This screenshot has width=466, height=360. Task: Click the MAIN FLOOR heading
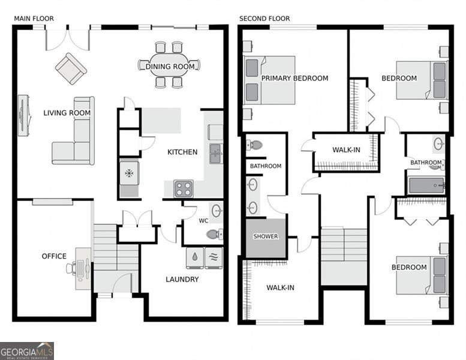click(x=34, y=19)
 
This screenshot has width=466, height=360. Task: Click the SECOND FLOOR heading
click(x=264, y=19)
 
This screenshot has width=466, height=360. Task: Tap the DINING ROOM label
click(x=170, y=67)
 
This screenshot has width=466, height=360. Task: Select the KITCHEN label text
click(x=182, y=152)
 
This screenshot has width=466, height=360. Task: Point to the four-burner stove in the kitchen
click(x=184, y=189)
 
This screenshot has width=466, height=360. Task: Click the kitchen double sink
click(x=216, y=154)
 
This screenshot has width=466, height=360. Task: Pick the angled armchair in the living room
click(x=71, y=68)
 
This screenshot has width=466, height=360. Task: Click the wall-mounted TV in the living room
click(x=24, y=115)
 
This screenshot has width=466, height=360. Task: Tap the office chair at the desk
click(x=70, y=267)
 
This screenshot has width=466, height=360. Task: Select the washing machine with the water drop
click(x=195, y=257)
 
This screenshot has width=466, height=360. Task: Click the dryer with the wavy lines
click(x=214, y=257)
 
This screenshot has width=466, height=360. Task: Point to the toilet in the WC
click(x=215, y=234)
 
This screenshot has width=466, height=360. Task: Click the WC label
click(x=203, y=221)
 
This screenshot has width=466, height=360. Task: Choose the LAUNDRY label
click(x=182, y=279)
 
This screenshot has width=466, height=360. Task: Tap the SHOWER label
click(x=266, y=236)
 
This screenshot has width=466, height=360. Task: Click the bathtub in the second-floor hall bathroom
click(x=426, y=185)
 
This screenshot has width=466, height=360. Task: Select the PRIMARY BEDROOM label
click(x=295, y=78)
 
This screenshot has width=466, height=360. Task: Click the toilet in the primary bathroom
click(x=254, y=145)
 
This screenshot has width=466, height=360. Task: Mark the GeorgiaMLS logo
click(x=27, y=351)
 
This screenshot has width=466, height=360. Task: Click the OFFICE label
click(x=54, y=256)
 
